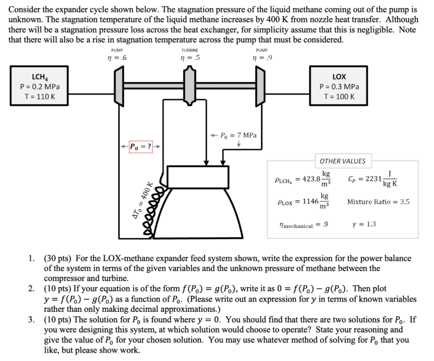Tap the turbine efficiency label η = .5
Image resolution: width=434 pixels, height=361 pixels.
[x=189, y=58]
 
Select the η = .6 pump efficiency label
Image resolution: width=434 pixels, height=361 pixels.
[x=118, y=58]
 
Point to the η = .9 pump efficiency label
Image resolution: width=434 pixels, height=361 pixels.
[x=259, y=58]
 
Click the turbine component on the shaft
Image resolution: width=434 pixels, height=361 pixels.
[x=189, y=86]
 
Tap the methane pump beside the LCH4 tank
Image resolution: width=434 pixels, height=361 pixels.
[x=118, y=86]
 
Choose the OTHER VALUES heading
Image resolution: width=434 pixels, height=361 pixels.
[x=342, y=161]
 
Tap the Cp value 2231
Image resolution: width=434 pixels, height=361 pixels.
[x=373, y=178]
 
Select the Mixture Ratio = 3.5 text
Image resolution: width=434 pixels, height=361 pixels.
[x=378, y=202]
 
